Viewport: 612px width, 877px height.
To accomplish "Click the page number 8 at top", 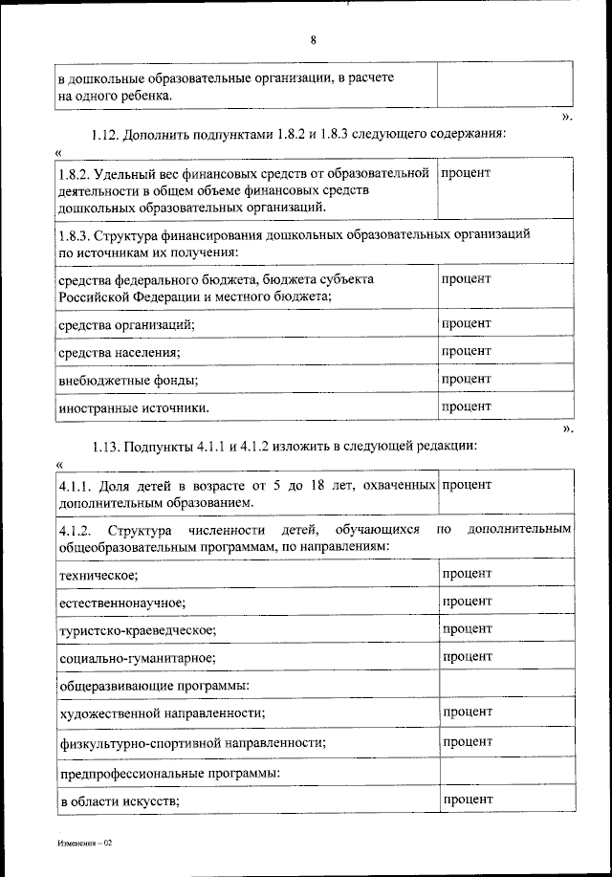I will [313, 39].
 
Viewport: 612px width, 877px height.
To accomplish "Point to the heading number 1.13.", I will [107, 447].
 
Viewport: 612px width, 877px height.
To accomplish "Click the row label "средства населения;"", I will [120, 353].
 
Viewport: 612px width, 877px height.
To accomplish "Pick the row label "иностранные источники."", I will [134, 408].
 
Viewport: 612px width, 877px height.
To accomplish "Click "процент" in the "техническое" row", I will [467, 573].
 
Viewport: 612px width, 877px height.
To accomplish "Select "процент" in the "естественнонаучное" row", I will [467, 601].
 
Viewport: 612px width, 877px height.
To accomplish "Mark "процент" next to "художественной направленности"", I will [467, 713].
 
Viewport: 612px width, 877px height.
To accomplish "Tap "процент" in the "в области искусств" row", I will [467, 799].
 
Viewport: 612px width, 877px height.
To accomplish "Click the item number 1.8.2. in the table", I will [74, 173].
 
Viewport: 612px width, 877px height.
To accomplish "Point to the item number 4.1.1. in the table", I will [74, 486].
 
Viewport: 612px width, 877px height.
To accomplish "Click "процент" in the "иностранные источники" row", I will [467, 406].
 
